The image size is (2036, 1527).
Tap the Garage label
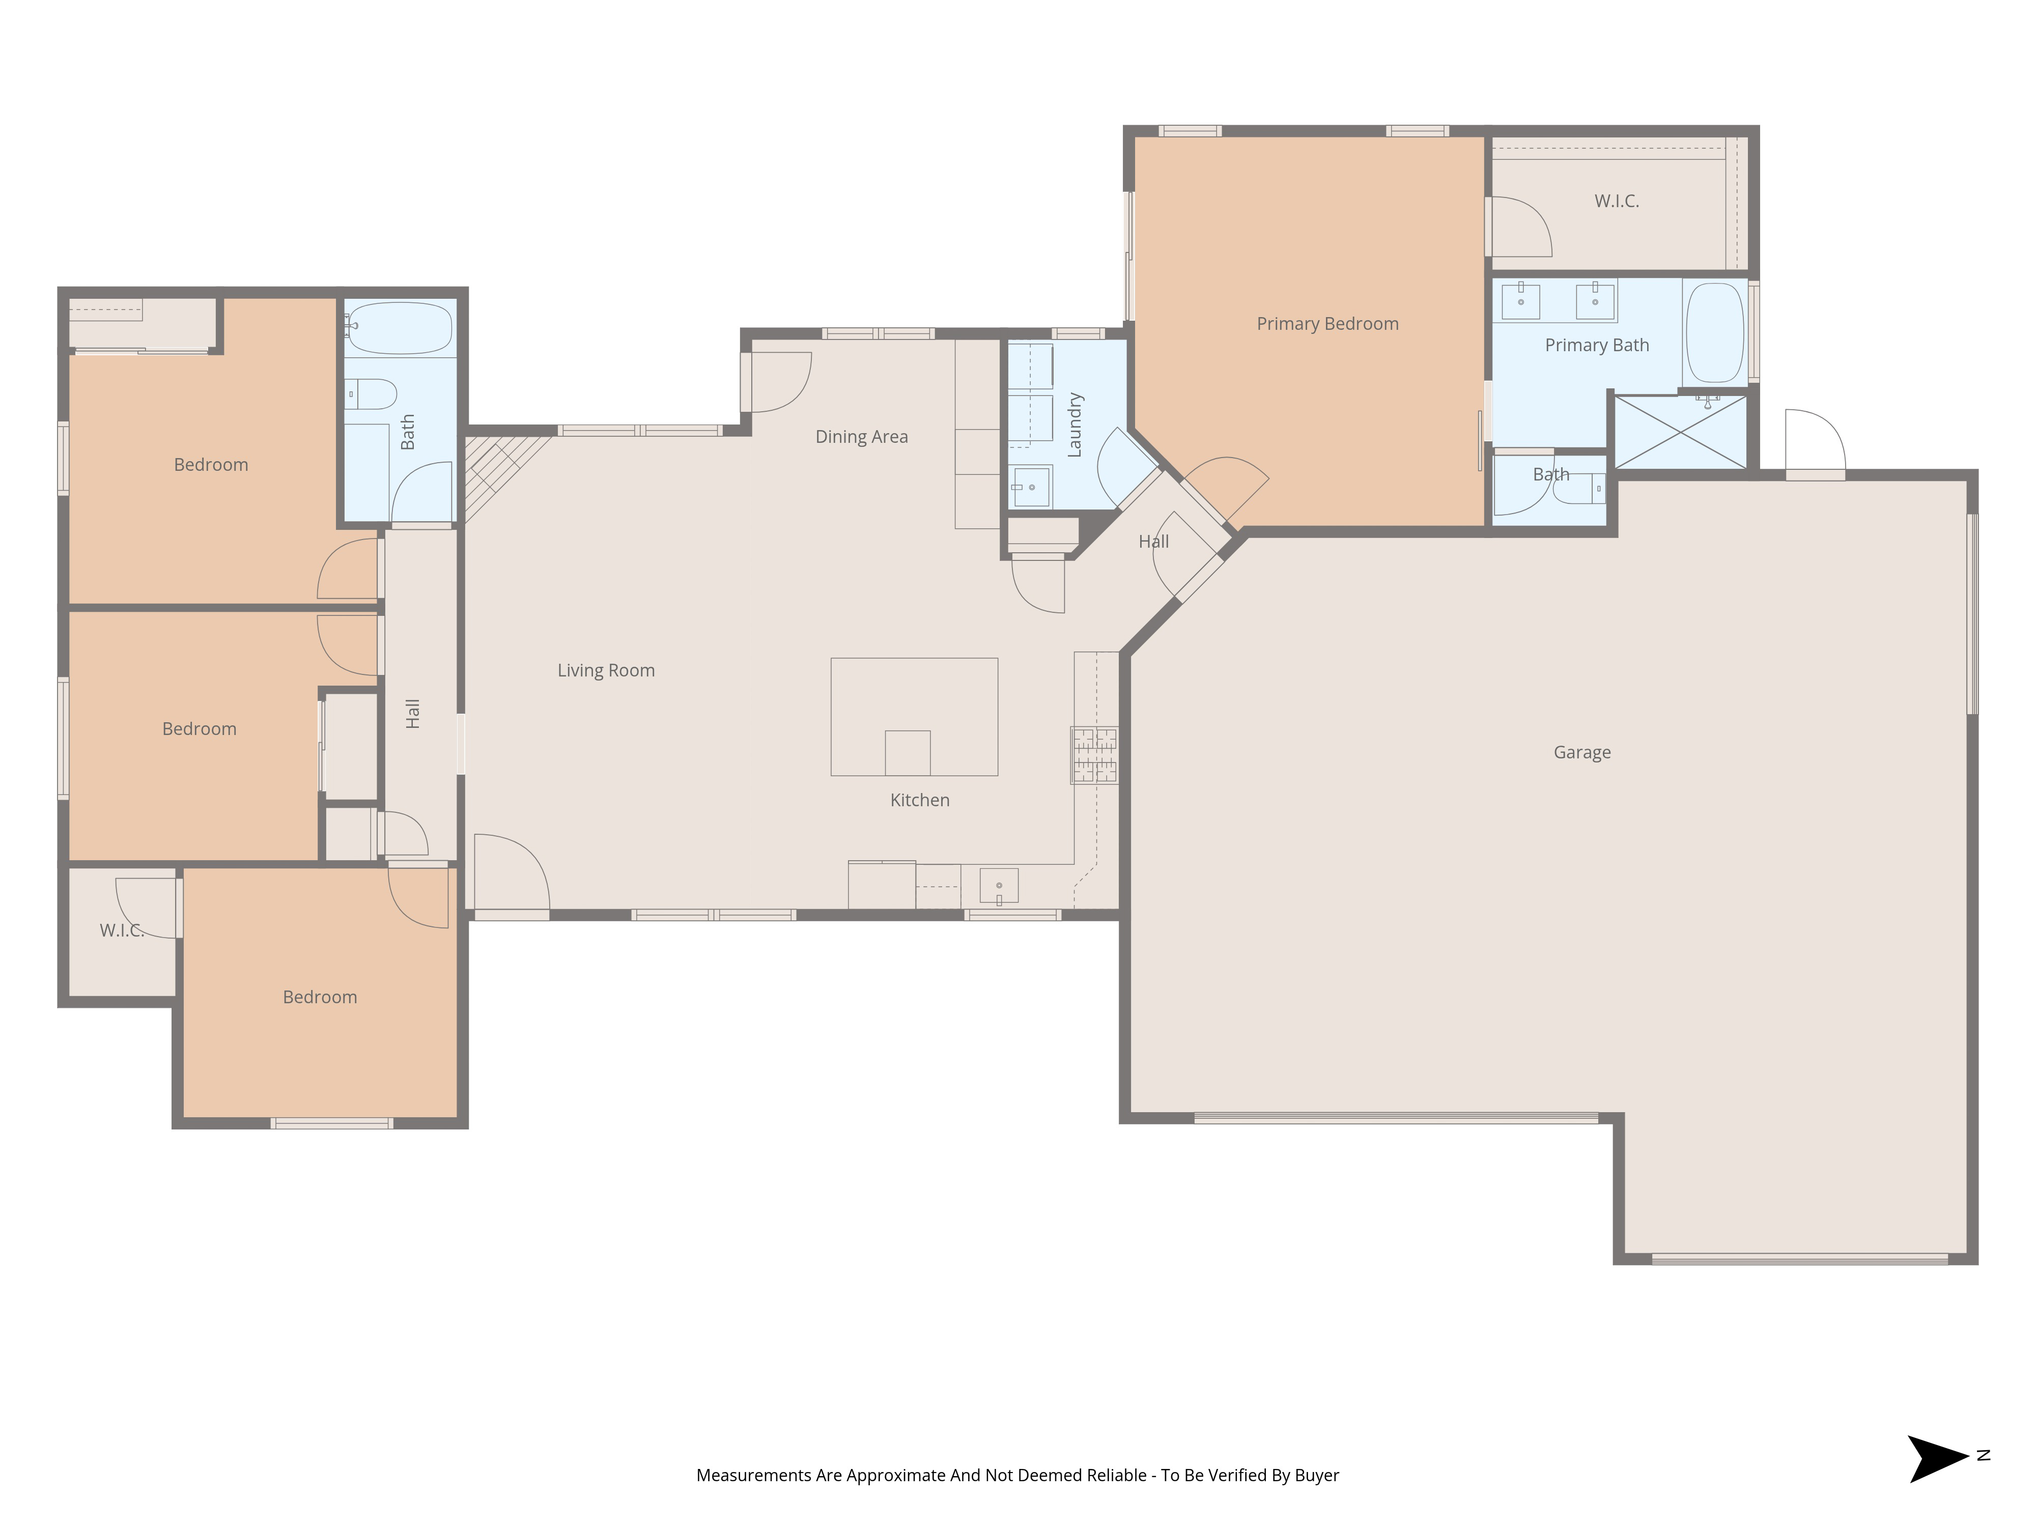pos(1581,753)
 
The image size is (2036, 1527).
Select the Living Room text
pos(606,671)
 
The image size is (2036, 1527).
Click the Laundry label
pos(1074,425)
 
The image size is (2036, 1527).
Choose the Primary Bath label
pos(1596,345)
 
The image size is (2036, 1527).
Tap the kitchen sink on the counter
pos(999,886)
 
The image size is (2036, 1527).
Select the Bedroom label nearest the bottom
pos(319,998)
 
